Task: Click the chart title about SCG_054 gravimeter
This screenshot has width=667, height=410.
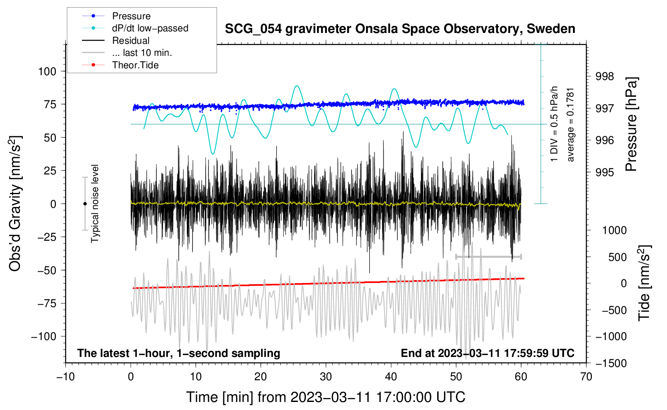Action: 400,29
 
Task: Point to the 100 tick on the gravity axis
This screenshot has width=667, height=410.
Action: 47,72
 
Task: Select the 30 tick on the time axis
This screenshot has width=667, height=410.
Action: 326,377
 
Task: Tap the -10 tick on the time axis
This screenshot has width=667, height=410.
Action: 65,377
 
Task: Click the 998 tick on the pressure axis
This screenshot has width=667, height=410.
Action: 604,76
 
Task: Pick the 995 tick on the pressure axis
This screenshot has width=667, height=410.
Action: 604,172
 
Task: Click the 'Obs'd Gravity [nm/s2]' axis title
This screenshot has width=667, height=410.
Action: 15,203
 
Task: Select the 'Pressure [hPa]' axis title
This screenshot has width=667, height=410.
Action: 632,125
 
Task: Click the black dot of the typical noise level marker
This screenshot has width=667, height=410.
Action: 85,204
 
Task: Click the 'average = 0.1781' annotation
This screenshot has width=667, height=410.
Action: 571,125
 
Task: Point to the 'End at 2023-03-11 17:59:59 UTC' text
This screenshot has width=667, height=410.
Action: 487,353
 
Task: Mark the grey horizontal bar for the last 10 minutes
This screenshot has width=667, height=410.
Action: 488,256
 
